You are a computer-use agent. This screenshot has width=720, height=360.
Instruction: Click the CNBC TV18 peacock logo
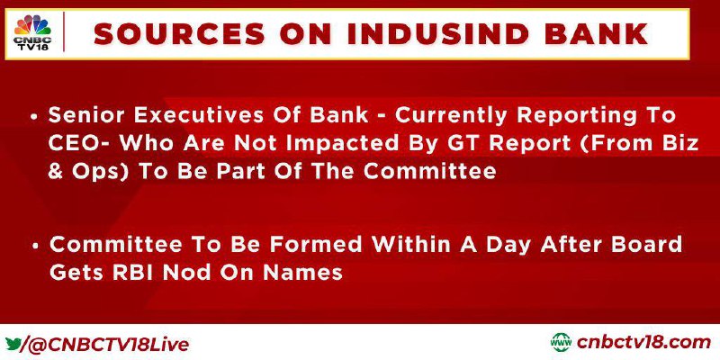(x=32, y=32)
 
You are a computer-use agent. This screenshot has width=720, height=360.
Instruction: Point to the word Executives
(x=186, y=116)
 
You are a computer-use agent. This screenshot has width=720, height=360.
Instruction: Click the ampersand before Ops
(x=55, y=172)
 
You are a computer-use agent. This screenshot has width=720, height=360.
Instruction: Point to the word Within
(x=409, y=245)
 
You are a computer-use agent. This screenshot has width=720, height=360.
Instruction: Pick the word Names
(x=303, y=273)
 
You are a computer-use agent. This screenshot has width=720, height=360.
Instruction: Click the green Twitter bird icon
(x=13, y=344)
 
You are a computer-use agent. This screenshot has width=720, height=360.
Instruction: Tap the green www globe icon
(x=561, y=343)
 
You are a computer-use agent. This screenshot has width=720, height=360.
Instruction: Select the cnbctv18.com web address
(x=643, y=343)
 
